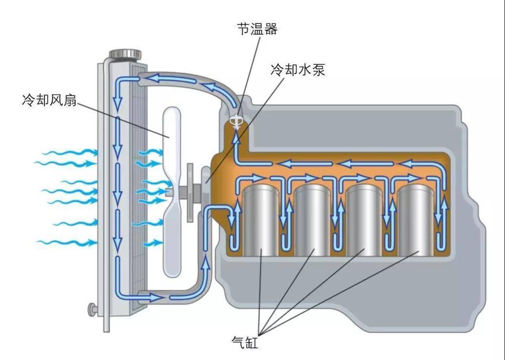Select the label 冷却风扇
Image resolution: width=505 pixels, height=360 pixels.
coord(49,100)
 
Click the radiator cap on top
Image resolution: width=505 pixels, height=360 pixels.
coord(125,55)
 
